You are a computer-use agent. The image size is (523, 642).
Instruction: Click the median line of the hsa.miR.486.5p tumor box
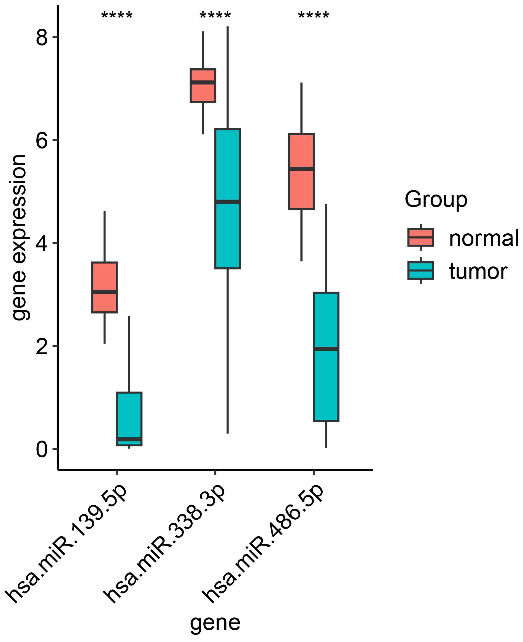point(326,349)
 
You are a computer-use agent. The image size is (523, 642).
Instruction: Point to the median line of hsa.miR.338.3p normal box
point(203,82)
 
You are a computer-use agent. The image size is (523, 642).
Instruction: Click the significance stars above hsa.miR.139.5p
point(117,16)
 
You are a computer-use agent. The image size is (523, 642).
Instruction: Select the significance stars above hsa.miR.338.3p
point(215,16)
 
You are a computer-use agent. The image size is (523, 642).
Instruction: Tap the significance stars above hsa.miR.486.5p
point(314,16)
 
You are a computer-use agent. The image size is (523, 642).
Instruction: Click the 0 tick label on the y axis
point(42,449)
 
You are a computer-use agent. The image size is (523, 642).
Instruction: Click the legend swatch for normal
point(420,238)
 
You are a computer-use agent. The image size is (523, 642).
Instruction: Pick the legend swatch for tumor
point(420,271)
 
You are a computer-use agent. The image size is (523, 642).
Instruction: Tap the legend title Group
point(436,199)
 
